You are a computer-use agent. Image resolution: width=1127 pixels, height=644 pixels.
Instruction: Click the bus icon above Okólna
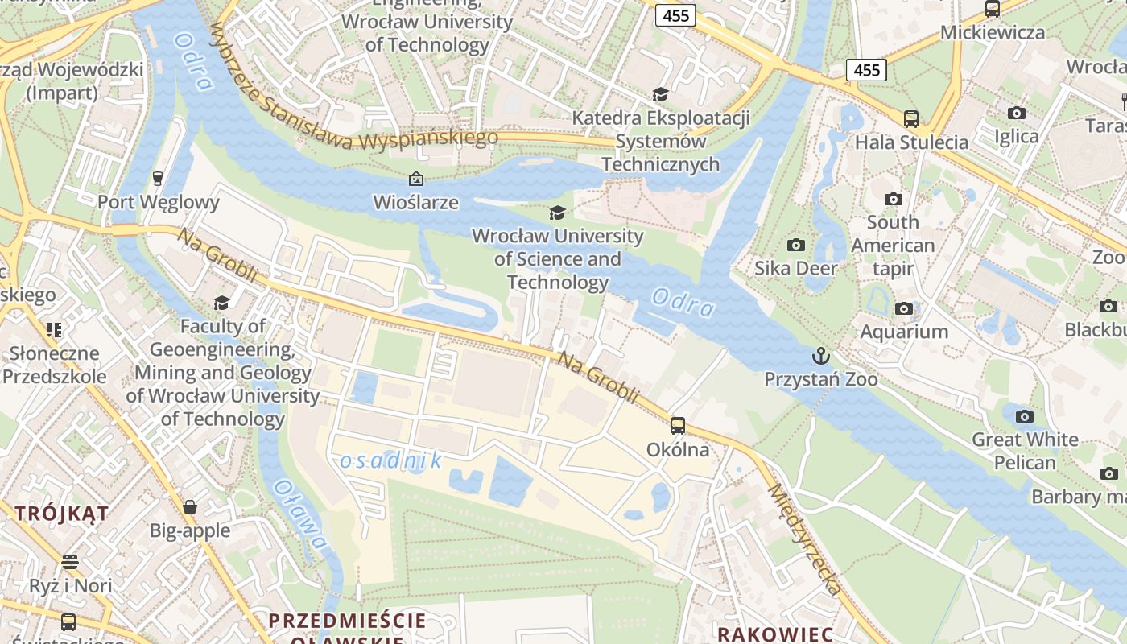click(678, 426)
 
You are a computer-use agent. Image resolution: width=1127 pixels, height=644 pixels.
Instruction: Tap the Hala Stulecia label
click(911, 142)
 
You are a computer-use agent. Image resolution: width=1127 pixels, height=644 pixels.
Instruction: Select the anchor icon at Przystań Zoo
click(820, 355)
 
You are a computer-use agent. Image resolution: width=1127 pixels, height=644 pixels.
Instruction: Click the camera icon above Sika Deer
click(796, 245)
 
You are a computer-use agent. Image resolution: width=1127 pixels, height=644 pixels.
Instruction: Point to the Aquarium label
click(904, 332)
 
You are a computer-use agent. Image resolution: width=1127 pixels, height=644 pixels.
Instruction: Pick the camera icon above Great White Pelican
click(1024, 416)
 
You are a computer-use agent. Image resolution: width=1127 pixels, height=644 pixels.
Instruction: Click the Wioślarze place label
click(416, 203)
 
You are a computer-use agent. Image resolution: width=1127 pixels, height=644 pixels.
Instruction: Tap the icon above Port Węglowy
click(158, 178)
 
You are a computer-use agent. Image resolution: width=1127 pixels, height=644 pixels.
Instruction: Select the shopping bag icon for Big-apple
click(190, 507)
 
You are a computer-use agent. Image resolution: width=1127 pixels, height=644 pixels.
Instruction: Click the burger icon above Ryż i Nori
click(70, 561)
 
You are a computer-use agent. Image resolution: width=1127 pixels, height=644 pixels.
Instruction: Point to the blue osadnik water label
click(391, 460)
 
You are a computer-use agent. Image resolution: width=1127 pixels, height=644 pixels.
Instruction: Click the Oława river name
click(300, 515)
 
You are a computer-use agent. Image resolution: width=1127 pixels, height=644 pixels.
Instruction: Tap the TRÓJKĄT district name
click(62, 514)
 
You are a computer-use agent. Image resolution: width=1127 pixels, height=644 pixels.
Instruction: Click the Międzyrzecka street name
click(805, 539)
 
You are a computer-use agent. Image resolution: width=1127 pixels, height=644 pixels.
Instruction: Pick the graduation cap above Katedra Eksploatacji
click(660, 95)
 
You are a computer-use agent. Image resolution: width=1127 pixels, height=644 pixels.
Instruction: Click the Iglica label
click(1017, 136)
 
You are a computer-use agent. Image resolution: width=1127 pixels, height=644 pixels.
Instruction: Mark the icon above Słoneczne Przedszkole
click(54, 329)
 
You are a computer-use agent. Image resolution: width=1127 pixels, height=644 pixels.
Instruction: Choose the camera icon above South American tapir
click(893, 199)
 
